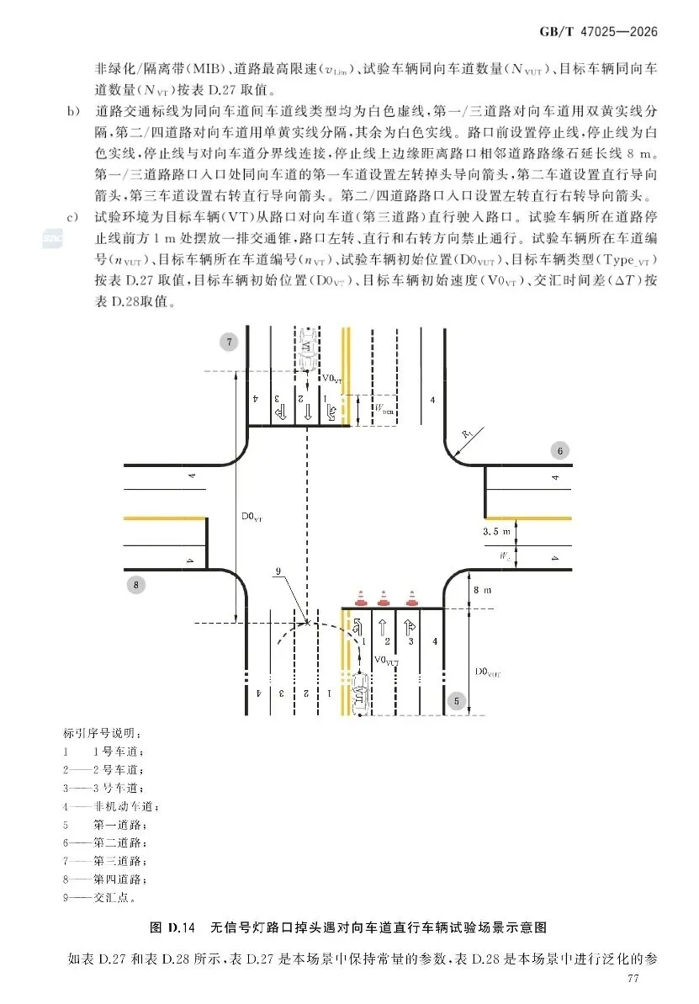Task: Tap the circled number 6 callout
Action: point(560,451)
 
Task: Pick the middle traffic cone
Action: point(384,598)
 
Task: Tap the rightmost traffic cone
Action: point(411,598)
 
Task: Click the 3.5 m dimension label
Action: point(497,532)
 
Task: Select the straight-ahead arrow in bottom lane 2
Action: point(384,626)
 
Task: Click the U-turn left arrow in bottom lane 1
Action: point(357,626)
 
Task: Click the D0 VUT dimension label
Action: point(488,671)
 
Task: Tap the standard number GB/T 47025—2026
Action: point(597,31)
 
